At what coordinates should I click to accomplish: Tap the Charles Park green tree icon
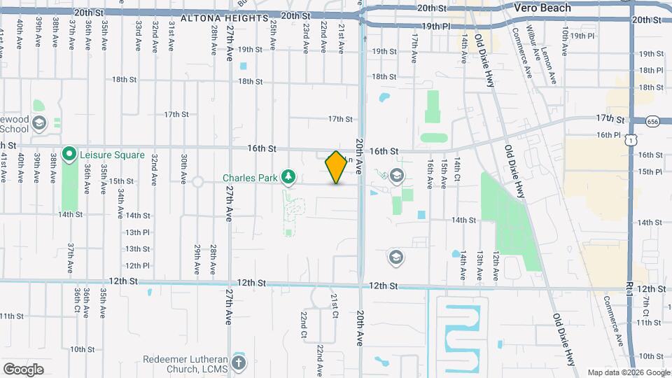287,176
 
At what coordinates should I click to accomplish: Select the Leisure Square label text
113,155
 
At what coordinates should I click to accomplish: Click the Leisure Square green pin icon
69,153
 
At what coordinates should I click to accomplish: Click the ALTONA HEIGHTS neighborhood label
225,18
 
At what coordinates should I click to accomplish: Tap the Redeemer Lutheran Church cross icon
239,362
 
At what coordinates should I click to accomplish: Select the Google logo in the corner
23,369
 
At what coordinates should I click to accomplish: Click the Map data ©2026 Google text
628,372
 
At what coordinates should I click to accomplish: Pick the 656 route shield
652,122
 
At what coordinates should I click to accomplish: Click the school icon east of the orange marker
397,176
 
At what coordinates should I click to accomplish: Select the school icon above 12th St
395,258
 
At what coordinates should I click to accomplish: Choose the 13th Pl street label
137,232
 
